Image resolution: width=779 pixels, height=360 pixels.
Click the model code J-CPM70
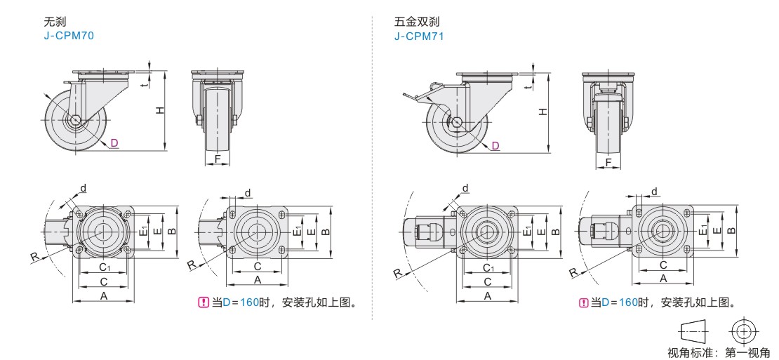tap(68, 35)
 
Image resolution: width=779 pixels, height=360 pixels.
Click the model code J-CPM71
tap(419, 35)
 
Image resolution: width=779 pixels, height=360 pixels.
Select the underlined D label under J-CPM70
tap(114, 143)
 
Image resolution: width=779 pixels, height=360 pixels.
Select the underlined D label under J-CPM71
tap(495, 145)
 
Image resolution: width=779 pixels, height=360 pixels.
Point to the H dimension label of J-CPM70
tap(159, 110)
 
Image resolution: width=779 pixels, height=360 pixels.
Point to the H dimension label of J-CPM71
tap(542, 112)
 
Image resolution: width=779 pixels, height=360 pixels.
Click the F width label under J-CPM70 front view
tap(218, 159)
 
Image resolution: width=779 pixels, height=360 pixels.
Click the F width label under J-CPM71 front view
tap(608, 162)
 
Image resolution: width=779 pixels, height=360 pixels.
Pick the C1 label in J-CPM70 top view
tap(103, 268)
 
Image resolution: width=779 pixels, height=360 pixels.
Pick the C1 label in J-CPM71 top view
tap(487, 268)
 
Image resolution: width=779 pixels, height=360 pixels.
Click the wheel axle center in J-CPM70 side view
tap(74, 120)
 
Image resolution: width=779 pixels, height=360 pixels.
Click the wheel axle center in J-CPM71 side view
tap(457, 123)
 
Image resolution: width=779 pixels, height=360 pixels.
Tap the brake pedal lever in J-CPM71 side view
tap(415, 93)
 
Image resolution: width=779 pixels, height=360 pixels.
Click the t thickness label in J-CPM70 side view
tap(143, 84)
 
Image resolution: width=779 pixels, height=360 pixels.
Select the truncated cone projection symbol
tap(693, 330)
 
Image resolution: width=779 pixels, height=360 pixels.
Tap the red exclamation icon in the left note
tap(204, 303)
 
